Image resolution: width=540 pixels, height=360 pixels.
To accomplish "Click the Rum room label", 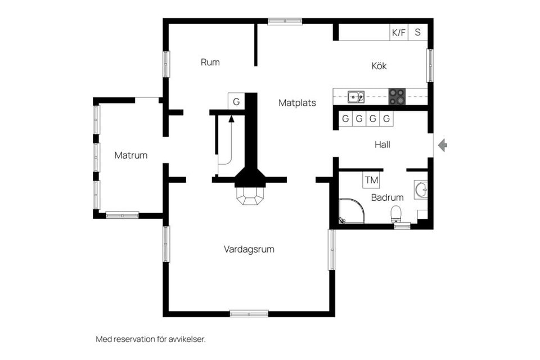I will point(210,62).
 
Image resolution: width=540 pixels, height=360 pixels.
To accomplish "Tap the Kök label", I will point(379,66).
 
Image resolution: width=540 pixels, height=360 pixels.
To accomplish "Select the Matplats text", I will point(297,103).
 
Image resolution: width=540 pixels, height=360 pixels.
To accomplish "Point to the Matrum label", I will point(130,155).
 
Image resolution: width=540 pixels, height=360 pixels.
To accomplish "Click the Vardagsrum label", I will point(249,249).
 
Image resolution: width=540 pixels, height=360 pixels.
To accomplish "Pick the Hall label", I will point(382,145).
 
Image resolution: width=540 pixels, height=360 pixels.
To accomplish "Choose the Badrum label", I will point(387,197).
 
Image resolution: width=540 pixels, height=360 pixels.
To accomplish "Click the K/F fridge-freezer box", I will point(399,33).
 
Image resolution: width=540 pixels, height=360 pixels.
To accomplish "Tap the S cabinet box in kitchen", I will point(418,33).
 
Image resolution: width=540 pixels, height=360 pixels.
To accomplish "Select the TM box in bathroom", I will point(371,181).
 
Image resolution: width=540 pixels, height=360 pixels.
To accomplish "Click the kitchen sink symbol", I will point(355,97).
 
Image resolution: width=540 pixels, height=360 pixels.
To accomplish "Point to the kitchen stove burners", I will point(397,97).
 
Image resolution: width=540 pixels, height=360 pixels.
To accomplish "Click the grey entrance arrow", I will point(443,146).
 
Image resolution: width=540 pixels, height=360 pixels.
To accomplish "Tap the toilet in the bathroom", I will point(396,214).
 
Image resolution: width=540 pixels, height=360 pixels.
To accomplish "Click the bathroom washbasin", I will point(420,190).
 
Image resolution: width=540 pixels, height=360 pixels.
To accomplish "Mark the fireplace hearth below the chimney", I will point(250,195).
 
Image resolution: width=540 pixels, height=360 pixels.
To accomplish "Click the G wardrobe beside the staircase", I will point(236,101).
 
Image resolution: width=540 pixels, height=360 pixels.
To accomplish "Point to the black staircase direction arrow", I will point(231,118).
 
